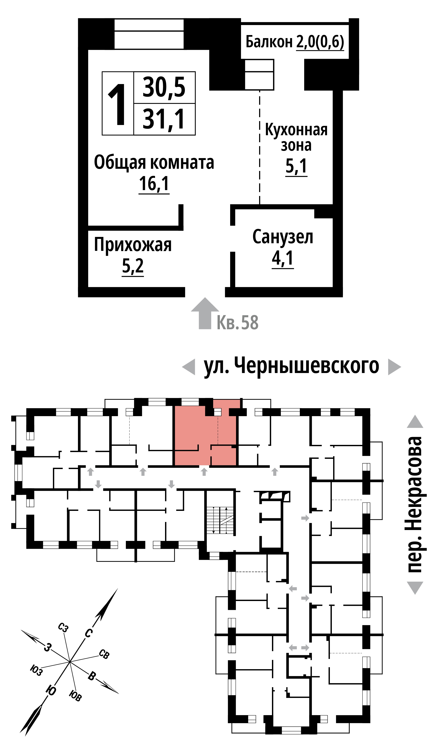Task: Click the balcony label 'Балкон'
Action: tap(269, 42)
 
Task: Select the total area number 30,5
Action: tap(164, 87)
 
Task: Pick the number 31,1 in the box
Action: tap(164, 119)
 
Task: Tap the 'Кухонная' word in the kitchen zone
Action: tap(296, 130)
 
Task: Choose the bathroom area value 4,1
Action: tap(283, 258)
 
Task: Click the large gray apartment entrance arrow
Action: tap(205, 313)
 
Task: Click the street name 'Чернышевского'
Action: tap(307, 366)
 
